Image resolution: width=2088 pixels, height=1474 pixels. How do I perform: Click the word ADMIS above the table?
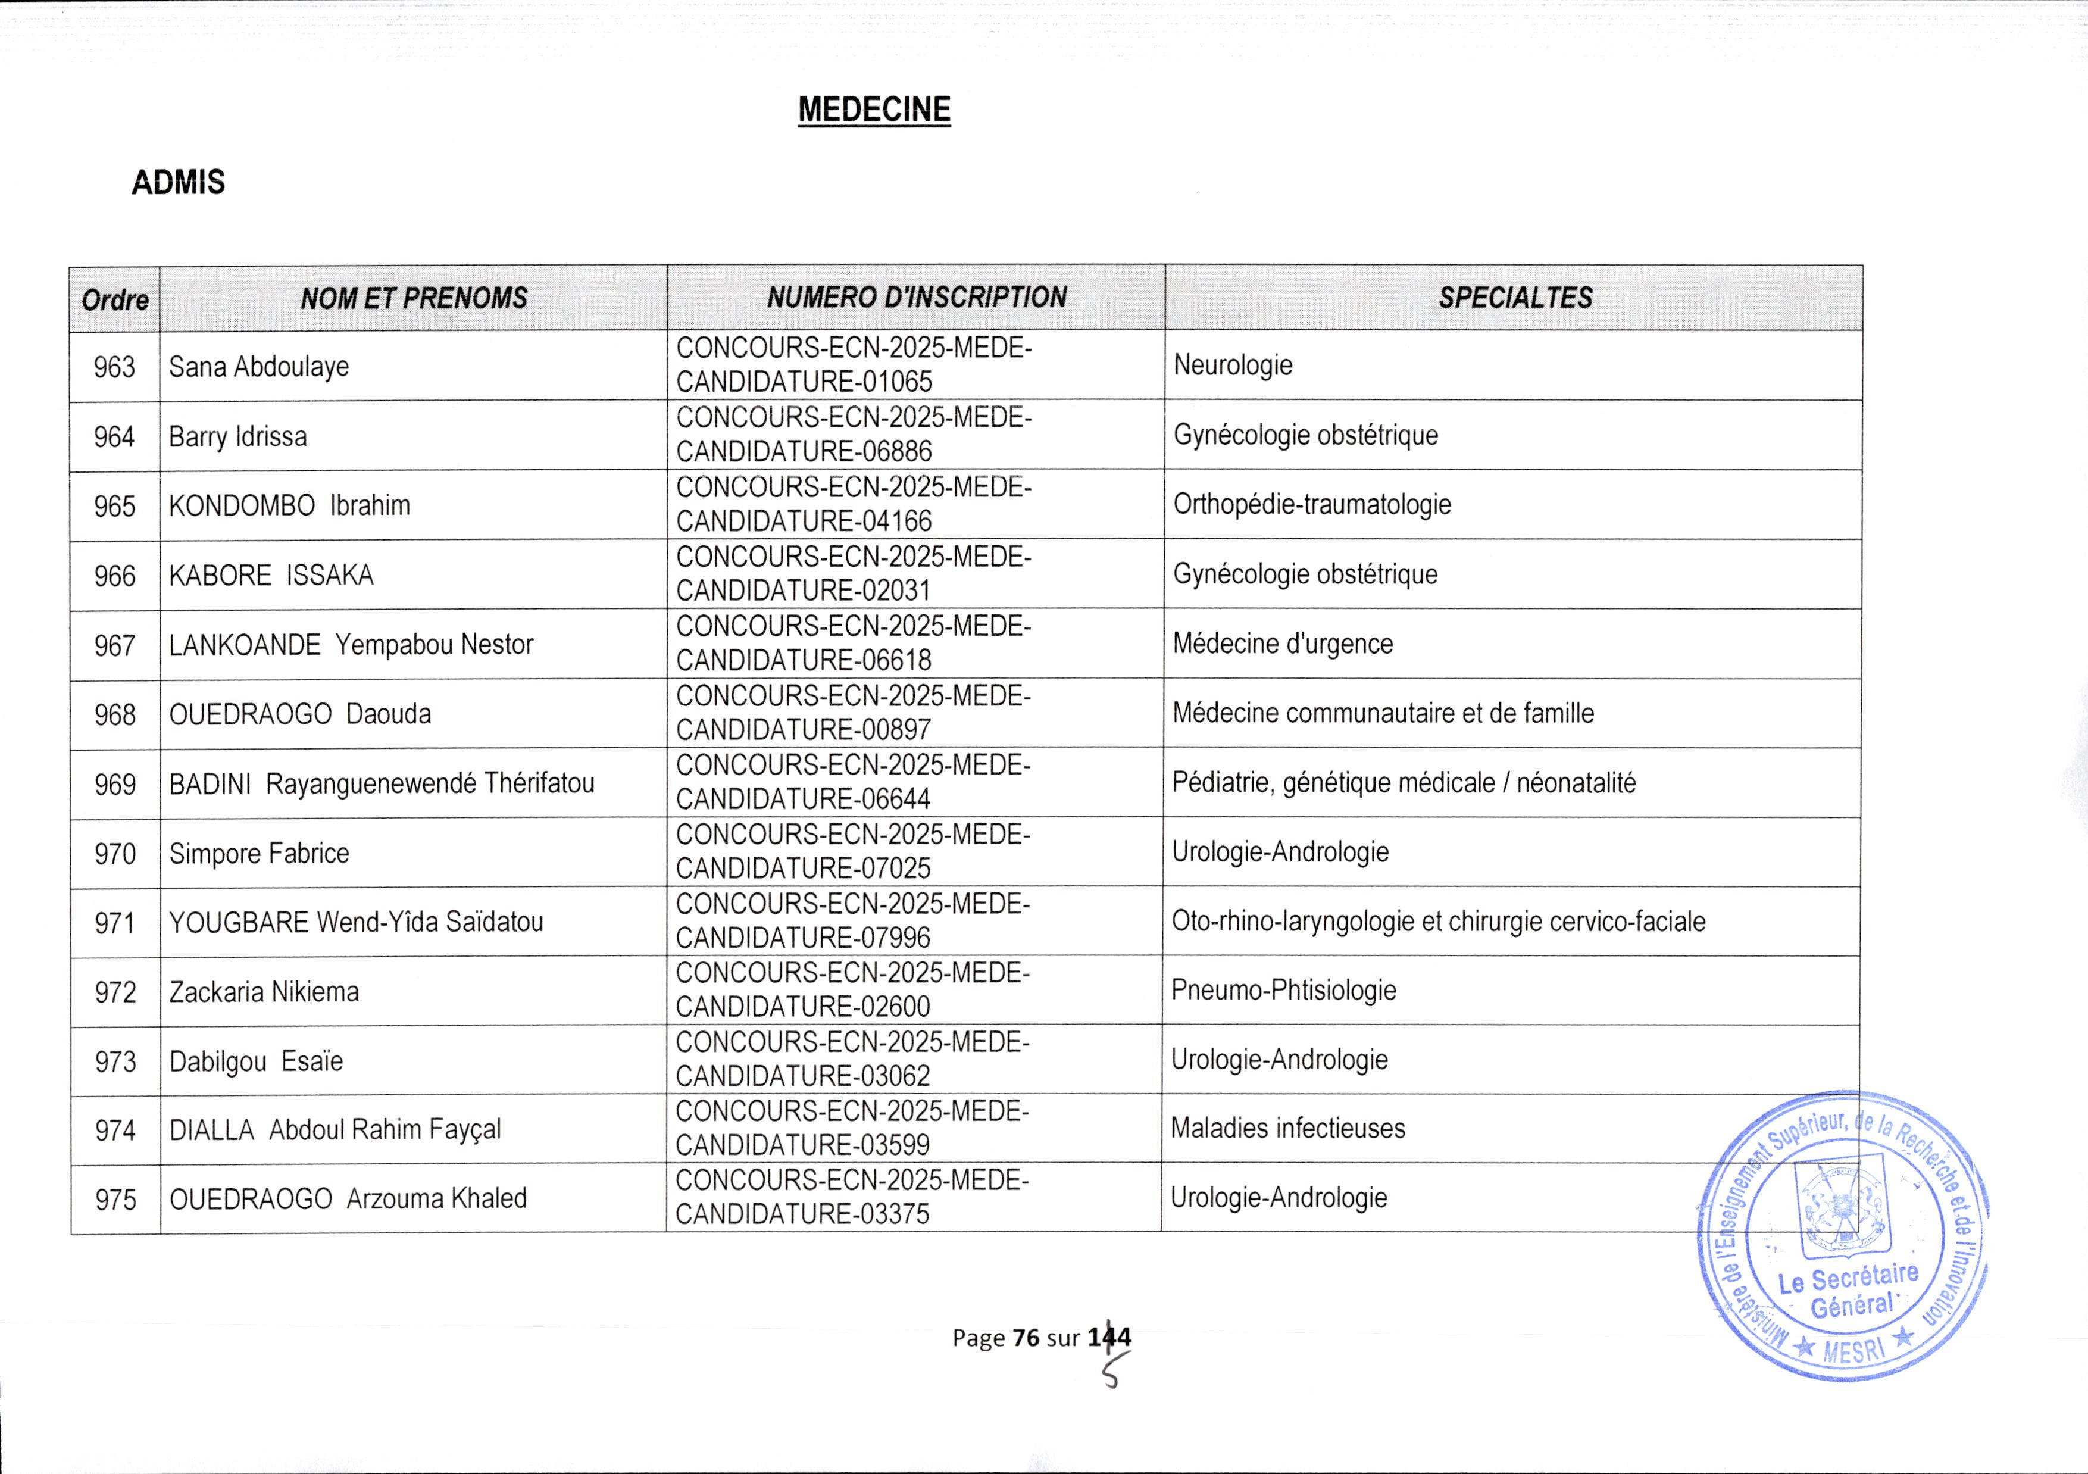pos(178,183)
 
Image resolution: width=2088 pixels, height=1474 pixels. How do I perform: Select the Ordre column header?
pos(115,299)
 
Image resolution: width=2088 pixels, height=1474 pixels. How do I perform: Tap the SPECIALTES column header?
pos(1514,297)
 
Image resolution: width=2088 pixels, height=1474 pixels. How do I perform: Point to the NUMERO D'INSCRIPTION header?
pos(916,297)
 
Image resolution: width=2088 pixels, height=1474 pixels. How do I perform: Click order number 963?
pos(115,367)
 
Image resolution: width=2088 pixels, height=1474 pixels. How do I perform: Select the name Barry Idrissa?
pos(237,436)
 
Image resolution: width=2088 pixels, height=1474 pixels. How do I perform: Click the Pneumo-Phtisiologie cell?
pos(1283,990)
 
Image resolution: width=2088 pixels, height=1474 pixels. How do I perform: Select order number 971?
pos(115,923)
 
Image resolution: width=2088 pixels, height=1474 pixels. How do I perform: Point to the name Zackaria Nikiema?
pos(264,992)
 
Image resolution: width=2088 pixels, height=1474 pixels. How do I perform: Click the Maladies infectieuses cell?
pos(1287,1129)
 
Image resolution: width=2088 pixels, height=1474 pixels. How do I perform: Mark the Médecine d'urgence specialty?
pos(1282,644)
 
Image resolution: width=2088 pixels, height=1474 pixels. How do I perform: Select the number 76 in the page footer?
pos(1025,1338)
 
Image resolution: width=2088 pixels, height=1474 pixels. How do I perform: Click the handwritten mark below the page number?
pos(1113,1373)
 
